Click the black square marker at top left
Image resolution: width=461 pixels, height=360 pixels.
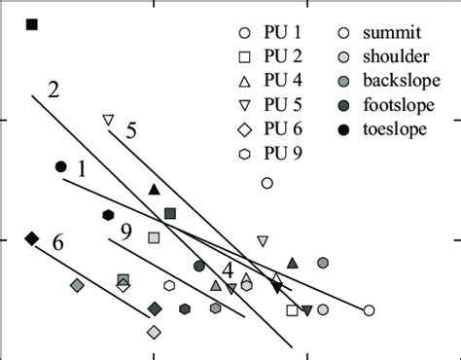point(32,23)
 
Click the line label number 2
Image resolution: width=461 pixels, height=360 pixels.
point(54,90)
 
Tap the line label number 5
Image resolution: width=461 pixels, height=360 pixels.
point(131,130)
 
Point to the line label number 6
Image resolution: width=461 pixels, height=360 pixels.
point(58,242)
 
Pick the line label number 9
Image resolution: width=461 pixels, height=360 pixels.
point(127,232)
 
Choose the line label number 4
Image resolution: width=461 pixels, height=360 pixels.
point(227,269)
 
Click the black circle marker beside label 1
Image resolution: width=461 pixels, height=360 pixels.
point(61,167)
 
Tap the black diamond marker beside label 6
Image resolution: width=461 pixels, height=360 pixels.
point(32,238)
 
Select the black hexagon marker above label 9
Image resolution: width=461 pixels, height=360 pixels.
point(108,215)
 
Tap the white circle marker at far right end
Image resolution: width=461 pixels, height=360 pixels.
point(369,310)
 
